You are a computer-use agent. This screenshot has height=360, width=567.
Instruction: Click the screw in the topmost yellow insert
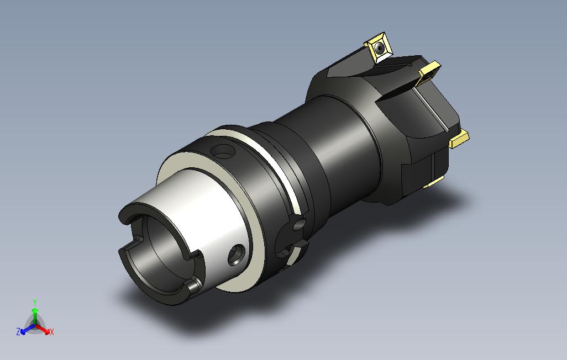tap(379, 47)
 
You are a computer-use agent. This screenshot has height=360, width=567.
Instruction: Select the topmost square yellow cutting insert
tap(378, 47)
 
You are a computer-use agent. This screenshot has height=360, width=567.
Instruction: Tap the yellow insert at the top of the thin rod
tap(429, 73)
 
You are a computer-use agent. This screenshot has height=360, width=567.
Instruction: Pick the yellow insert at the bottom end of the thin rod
tap(459, 140)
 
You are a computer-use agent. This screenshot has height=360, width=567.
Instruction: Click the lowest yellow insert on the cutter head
tap(433, 183)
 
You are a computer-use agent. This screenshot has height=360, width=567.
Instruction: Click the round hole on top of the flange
tap(223, 151)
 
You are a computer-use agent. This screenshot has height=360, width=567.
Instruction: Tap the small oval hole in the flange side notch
tap(298, 225)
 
